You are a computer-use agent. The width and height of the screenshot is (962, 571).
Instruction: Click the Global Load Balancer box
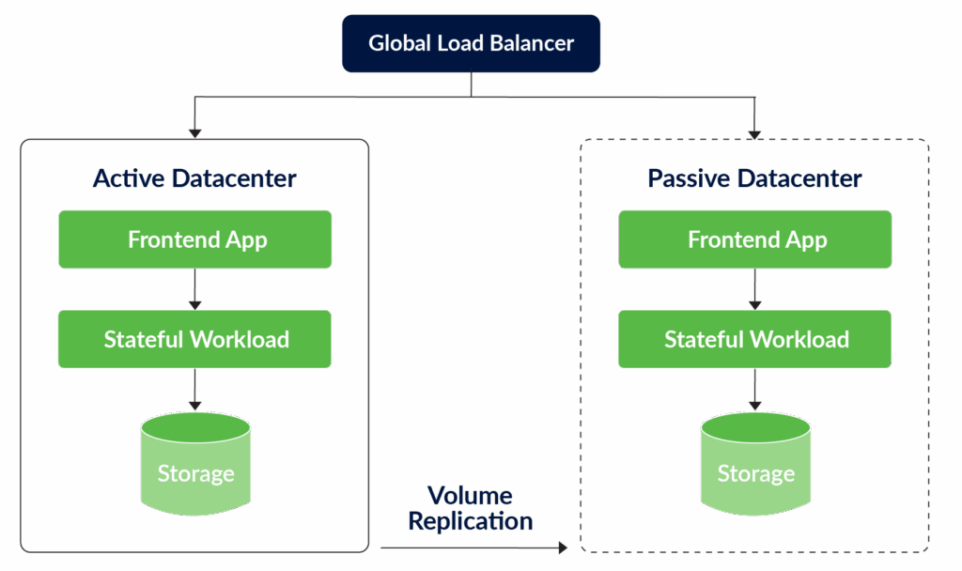tap(471, 43)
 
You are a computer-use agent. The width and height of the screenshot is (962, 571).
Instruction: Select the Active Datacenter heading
tap(194, 178)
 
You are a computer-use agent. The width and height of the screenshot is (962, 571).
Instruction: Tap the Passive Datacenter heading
tap(754, 178)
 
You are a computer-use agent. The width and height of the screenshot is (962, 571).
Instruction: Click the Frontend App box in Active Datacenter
tap(195, 239)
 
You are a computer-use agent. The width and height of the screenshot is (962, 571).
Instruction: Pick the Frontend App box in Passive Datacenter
tap(755, 239)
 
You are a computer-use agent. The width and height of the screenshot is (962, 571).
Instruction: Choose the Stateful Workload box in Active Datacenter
tap(195, 339)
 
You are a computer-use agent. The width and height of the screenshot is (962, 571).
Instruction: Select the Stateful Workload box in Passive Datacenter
tap(755, 339)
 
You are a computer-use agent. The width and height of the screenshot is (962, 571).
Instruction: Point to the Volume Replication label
tap(470, 508)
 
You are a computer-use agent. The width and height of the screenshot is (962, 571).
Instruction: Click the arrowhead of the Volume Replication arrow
tap(563, 547)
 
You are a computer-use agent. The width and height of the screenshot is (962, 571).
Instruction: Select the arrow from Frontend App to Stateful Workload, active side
tap(195, 289)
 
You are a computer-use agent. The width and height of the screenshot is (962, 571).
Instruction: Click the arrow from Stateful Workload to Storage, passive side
tap(755, 389)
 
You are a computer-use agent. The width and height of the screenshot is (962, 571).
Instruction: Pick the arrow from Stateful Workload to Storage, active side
tap(195, 389)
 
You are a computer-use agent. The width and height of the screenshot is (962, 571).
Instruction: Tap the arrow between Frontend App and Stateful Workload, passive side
tap(755, 289)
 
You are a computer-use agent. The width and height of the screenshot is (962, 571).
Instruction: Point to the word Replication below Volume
tap(470, 521)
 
